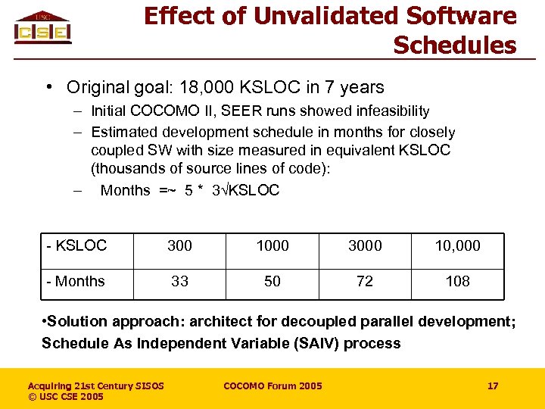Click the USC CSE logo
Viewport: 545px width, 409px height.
(x=43, y=28)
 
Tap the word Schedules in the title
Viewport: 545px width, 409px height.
(x=454, y=45)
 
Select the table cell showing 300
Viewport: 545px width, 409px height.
(x=179, y=245)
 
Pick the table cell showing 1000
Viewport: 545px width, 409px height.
(x=272, y=245)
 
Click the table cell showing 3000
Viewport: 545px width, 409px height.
(x=365, y=245)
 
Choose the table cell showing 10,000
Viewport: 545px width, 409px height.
(x=457, y=245)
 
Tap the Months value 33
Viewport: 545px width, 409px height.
(x=179, y=281)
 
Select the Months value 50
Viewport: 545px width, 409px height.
(x=272, y=281)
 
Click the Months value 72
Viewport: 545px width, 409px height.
(x=365, y=281)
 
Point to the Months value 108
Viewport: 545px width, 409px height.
(x=457, y=281)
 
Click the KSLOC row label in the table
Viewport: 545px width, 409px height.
(x=76, y=245)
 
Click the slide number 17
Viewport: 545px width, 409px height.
(x=493, y=386)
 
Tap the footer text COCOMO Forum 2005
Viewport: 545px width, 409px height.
(x=272, y=386)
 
